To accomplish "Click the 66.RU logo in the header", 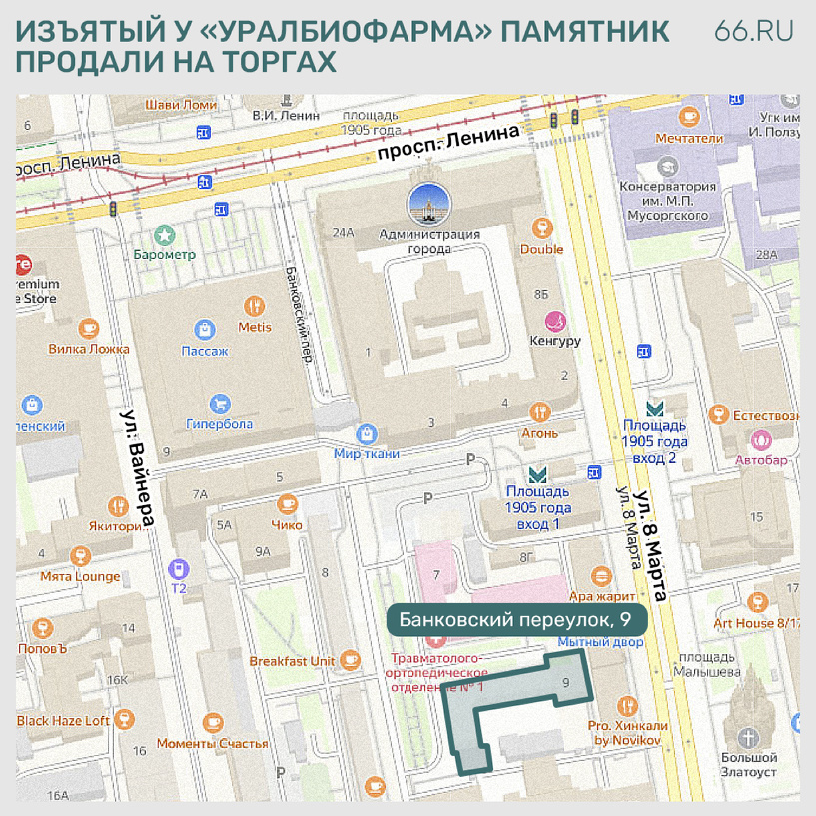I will [754, 31].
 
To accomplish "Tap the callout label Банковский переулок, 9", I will [516, 620].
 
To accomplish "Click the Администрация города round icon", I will [428, 206].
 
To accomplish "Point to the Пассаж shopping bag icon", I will [205, 329].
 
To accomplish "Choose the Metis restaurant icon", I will [255, 305].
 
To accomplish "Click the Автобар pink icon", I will [762, 439].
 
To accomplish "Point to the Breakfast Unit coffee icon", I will [350, 659].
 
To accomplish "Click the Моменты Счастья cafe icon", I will [212, 722].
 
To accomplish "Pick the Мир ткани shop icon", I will [367, 433].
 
